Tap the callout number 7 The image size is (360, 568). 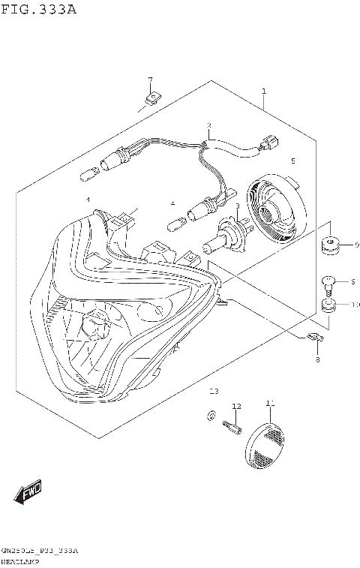(150, 80)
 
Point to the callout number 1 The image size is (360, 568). (264, 92)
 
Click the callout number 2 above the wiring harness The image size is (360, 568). (209, 126)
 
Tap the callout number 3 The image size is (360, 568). (237, 206)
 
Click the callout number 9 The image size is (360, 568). (356, 245)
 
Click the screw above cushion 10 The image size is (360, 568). (327, 283)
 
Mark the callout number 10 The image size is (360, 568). (355, 305)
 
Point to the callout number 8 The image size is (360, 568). (317, 361)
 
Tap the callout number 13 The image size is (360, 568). (214, 392)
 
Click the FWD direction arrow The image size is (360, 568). (28, 493)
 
